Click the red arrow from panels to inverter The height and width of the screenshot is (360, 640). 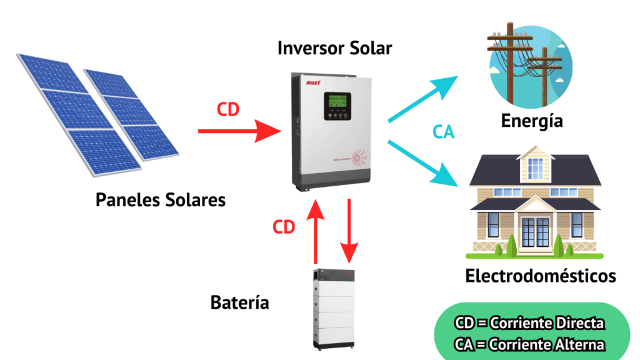tap(239, 131)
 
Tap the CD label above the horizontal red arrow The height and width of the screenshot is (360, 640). tap(227, 109)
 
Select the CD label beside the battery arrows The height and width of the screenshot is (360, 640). tap(284, 227)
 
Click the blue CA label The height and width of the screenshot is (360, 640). tap(443, 132)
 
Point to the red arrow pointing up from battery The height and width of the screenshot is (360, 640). tap(316, 231)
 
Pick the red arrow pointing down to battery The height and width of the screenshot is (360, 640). tap(349, 231)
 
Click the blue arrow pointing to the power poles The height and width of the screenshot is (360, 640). tap(423, 99)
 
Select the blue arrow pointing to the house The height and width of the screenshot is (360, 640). tap(423, 163)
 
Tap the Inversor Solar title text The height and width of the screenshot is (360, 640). tap(335, 48)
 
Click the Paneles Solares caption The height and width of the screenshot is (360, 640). tap(161, 200)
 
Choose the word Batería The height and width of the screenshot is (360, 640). tap(239, 302)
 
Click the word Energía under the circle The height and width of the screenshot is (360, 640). tap(532, 121)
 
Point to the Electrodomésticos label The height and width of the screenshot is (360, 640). tap(541, 276)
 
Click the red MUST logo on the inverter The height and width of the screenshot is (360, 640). tap(314, 83)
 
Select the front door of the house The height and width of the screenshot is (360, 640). tap(536, 232)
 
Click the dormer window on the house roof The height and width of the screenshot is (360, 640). tap(536, 169)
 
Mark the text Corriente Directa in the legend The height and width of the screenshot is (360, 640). tap(547, 323)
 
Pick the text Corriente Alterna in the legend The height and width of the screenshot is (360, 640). tap(547, 344)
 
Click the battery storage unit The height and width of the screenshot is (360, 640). tap(334, 309)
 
